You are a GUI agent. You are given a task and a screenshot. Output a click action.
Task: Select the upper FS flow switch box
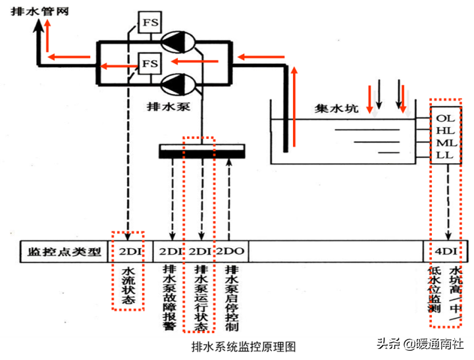point(150,24)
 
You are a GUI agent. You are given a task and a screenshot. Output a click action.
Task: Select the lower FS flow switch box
point(150,63)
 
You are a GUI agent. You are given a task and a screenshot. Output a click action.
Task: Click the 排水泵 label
point(169,105)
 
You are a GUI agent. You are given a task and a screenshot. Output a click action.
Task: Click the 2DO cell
point(230,251)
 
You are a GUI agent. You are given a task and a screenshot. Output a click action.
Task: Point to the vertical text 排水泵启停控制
point(230,296)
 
